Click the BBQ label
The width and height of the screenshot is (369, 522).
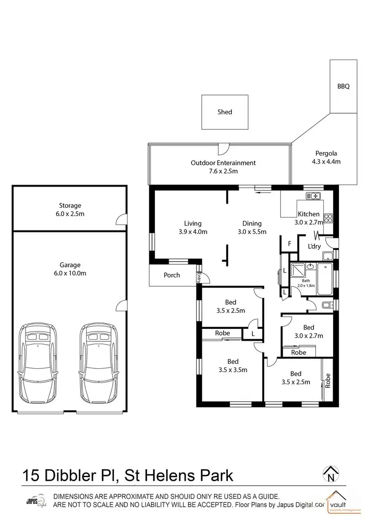coord(343,86)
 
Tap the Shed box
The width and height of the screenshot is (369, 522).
coord(225,112)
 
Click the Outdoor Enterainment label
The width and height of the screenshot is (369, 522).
coord(223,163)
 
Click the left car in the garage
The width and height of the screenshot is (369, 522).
coord(37,363)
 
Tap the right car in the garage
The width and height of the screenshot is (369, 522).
coord(99,363)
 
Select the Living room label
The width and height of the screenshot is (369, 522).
coord(193,223)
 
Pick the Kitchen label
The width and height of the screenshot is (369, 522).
coord(309,214)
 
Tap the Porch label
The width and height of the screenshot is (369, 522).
coord(172,275)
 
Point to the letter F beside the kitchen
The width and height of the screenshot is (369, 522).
coord(290,243)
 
